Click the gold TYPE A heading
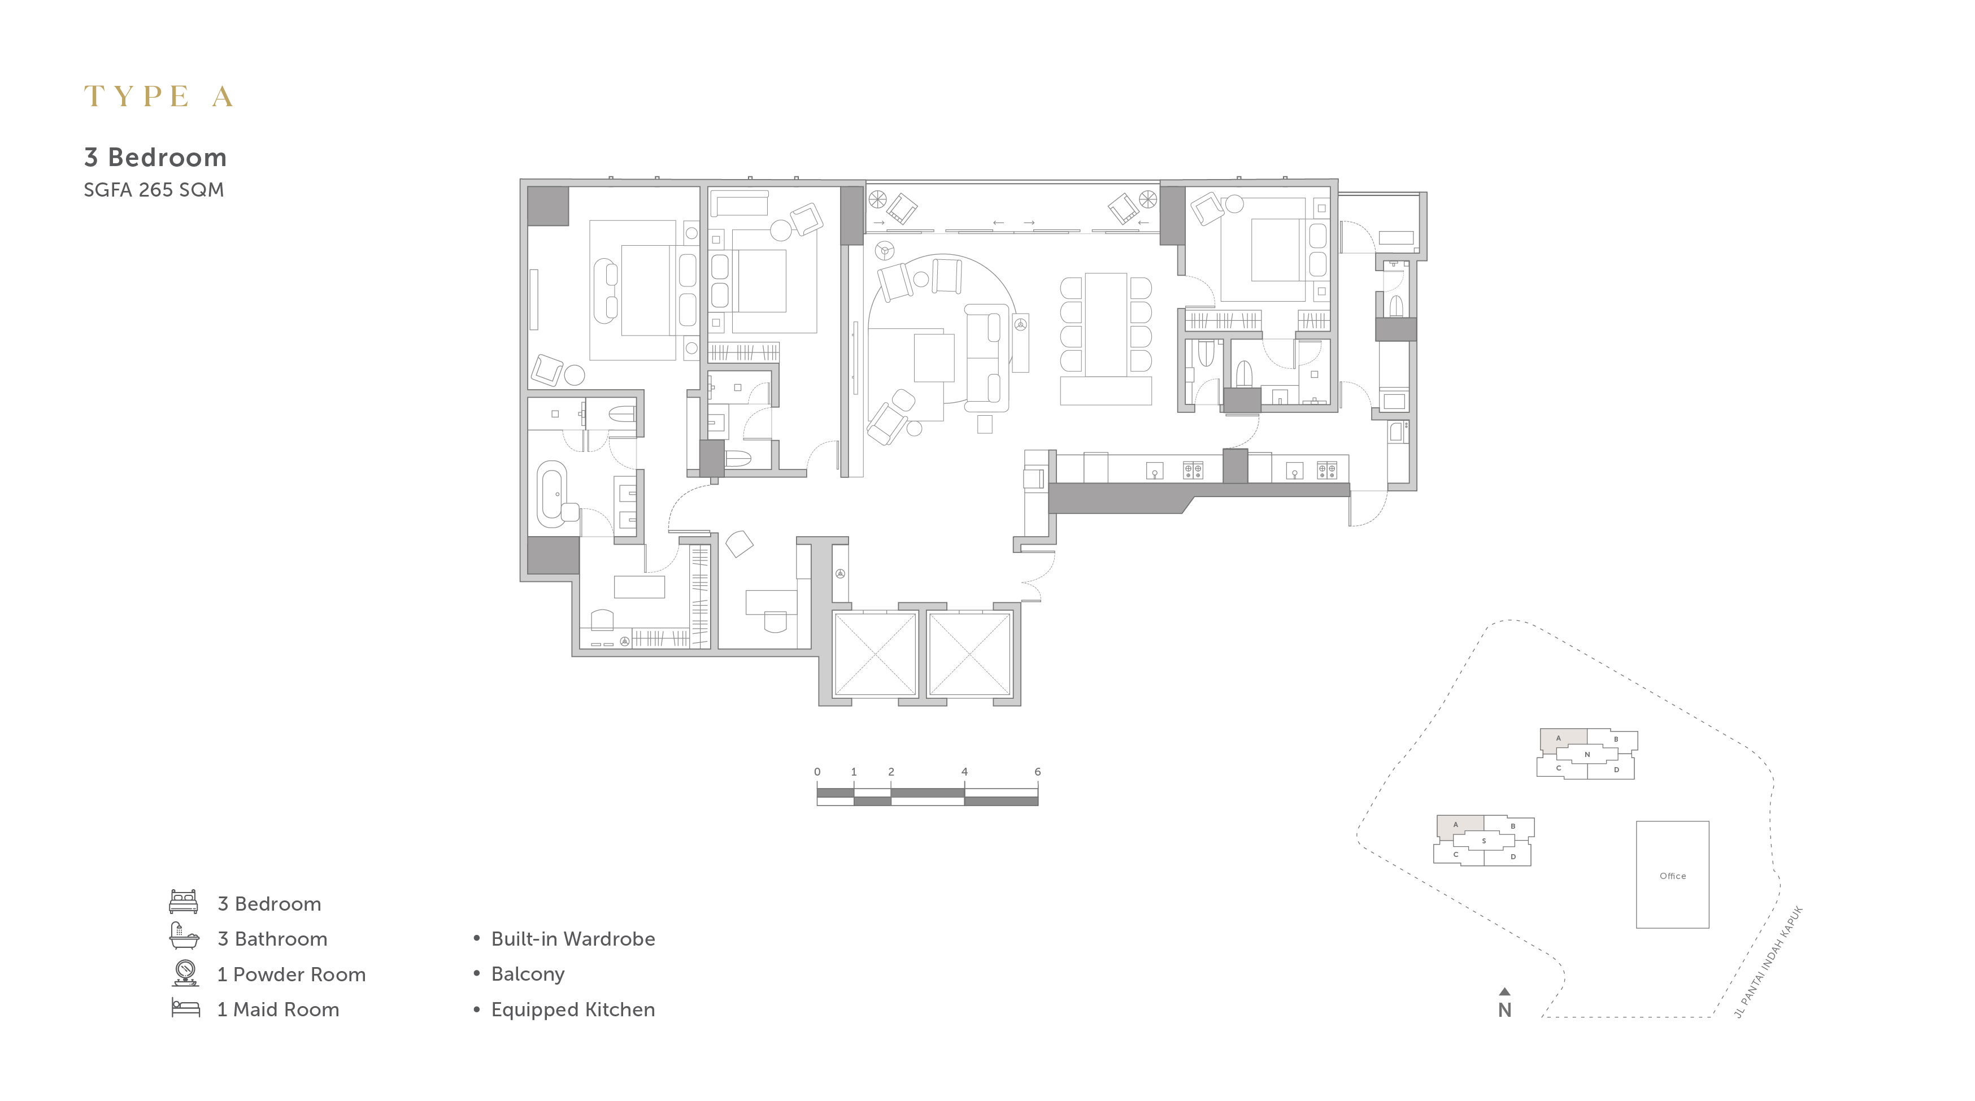pos(158,97)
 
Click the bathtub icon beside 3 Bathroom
pos(184,936)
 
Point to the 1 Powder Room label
pos(292,974)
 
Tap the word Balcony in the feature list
pos(528,974)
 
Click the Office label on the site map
pos(1672,876)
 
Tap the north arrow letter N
pos(1505,1011)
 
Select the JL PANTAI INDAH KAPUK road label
pos(1768,962)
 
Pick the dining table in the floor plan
pos(1106,324)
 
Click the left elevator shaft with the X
pos(875,654)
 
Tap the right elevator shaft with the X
pos(970,654)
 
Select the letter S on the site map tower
pos(1484,841)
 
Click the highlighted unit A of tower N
pos(1563,738)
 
